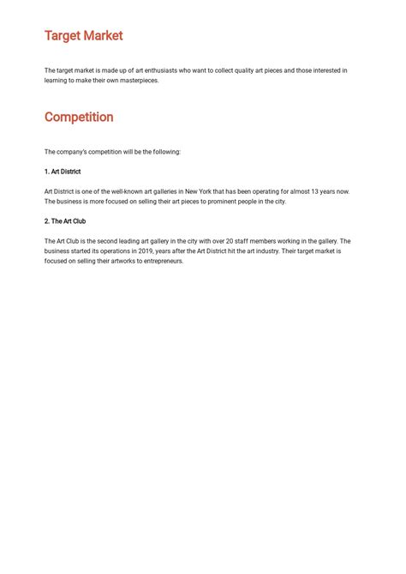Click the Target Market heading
tap(83, 36)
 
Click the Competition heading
tap(79, 117)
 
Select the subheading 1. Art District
tap(63, 172)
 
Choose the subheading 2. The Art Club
tap(65, 221)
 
